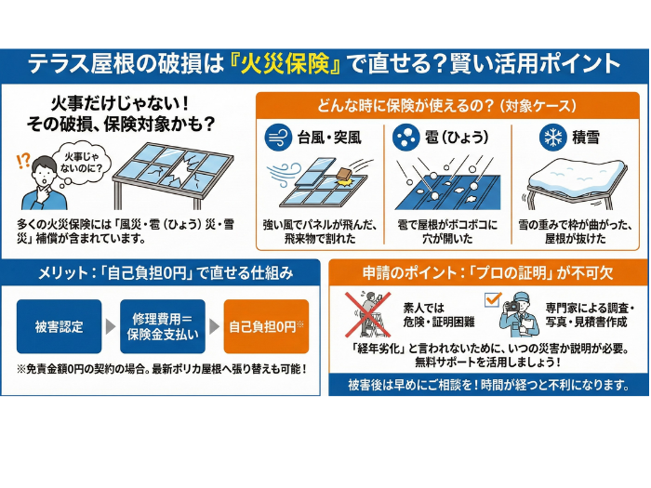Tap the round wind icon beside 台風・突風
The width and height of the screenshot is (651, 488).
(x=278, y=138)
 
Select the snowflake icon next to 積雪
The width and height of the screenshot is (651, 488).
(x=553, y=138)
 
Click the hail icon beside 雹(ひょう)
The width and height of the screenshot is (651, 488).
(x=405, y=138)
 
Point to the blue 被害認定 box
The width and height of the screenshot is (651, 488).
(x=59, y=326)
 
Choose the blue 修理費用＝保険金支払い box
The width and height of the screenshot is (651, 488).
(x=163, y=326)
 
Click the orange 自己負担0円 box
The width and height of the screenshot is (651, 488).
(x=266, y=326)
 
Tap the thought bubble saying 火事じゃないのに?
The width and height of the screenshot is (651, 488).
(x=81, y=164)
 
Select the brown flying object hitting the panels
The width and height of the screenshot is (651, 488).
(x=344, y=176)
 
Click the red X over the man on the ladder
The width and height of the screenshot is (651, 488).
(x=368, y=314)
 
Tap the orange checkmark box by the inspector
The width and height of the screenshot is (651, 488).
(x=492, y=299)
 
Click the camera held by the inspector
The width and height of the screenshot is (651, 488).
(x=512, y=307)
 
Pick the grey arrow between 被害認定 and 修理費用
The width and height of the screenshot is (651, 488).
(x=111, y=326)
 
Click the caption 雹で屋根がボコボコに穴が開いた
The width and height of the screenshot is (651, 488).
(x=447, y=231)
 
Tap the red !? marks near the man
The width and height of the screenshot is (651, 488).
(x=23, y=161)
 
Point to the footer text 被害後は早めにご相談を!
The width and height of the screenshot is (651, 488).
(x=413, y=385)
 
